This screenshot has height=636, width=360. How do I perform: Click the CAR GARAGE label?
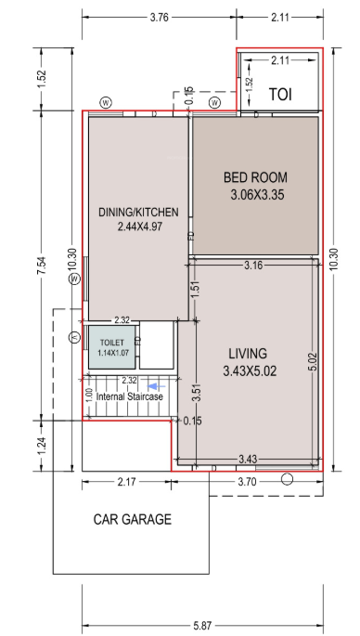point(133,519)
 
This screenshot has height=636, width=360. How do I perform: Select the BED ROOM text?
point(255,177)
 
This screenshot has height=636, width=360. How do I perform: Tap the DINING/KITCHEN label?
point(138,212)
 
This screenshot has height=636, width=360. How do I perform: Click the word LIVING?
point(248,354)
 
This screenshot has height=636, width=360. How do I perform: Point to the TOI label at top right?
point(280,95)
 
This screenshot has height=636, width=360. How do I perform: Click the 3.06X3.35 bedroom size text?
point(256,195)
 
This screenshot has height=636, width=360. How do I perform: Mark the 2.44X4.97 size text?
point(138,226)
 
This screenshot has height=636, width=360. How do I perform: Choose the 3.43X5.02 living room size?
point(248,370)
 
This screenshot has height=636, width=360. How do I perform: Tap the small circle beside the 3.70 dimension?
point(287,479)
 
